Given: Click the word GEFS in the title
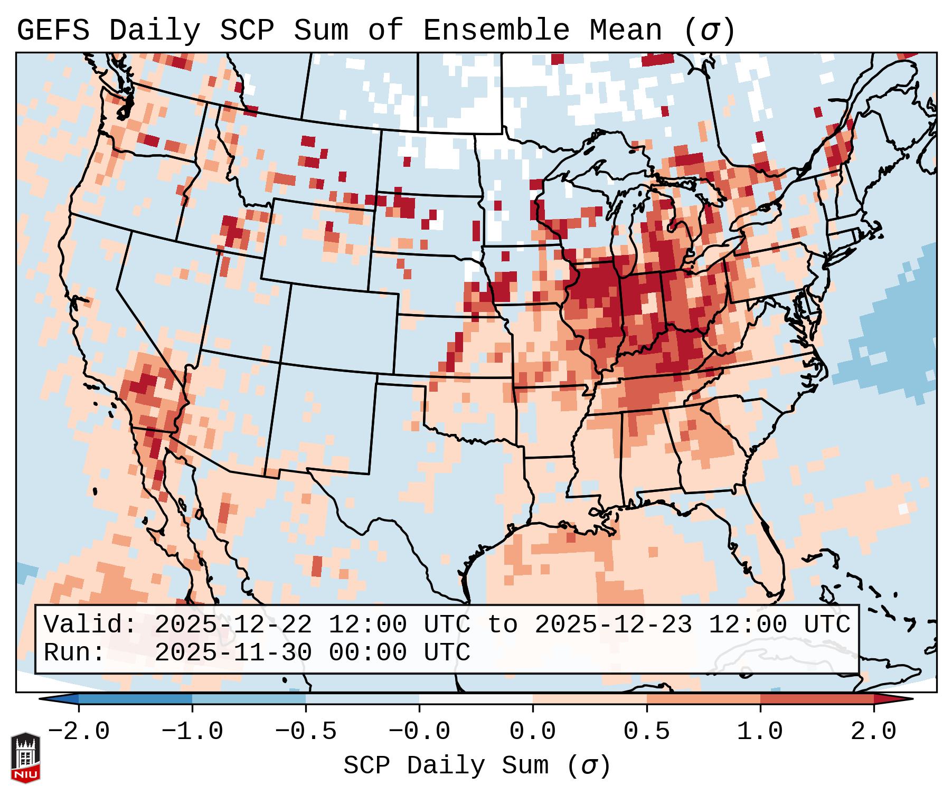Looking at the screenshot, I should coord(53,31).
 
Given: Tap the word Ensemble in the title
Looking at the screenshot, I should coord(496,31).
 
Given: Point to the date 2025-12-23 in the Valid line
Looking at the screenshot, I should coord(614,625).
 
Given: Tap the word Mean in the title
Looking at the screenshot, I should coord(625,31).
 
